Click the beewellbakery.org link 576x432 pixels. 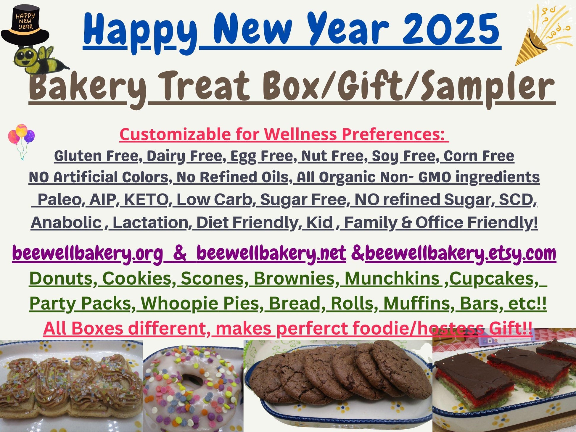pyautogui.click(x=88, y=253)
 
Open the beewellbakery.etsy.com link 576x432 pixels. pyautogui.click(x=460, y=253)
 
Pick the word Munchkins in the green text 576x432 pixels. pyautogui.click(x=392, y=278)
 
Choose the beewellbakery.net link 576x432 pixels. pyautogui.click(x=271, y=253)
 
